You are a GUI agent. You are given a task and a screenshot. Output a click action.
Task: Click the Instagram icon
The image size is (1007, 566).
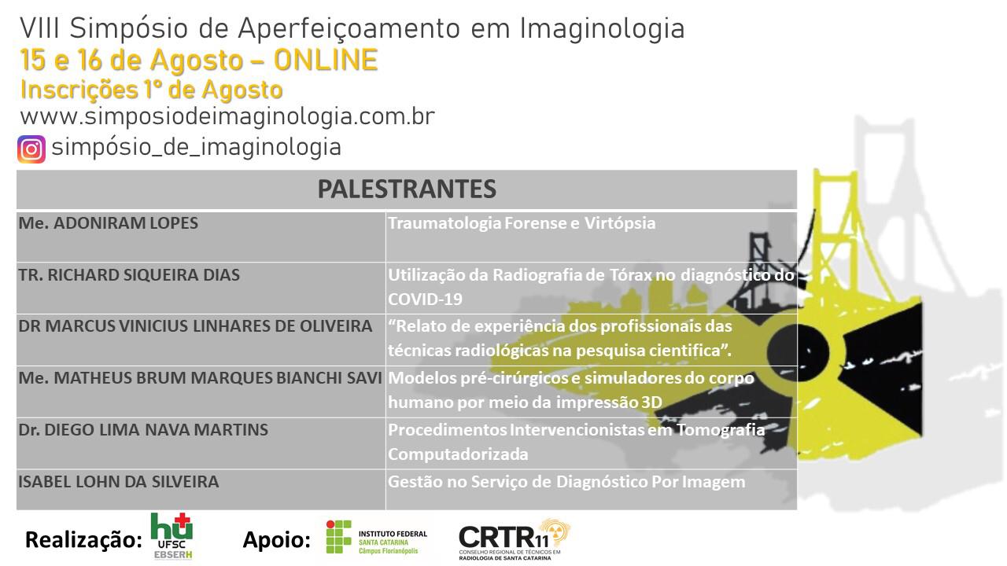(31, 149)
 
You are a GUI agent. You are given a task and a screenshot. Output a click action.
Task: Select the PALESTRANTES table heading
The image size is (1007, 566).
(407, 189)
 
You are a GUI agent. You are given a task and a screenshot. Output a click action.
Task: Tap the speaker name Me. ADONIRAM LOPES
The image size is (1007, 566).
(109, 223)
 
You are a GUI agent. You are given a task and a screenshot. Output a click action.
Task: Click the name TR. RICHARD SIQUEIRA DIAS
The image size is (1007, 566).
(129, 275)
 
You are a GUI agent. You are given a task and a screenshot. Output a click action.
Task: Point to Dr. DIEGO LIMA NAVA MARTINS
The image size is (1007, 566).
(143, 430)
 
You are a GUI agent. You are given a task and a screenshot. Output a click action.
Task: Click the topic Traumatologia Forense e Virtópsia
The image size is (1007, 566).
(522, 223)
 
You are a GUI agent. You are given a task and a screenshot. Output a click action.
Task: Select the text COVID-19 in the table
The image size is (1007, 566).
(425, 300)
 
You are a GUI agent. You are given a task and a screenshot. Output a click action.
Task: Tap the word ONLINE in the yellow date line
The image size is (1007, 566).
(326, 61)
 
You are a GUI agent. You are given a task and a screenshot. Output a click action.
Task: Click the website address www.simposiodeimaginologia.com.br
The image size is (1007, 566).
(227, 117)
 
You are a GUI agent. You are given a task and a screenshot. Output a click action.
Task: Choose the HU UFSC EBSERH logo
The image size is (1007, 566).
(172, 536)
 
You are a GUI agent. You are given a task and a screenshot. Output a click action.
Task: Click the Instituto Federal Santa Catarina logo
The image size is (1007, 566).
(377, 537)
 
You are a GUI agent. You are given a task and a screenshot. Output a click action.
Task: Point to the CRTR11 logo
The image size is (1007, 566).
(515, 539)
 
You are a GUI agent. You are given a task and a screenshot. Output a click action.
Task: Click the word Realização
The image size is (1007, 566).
(83, 539)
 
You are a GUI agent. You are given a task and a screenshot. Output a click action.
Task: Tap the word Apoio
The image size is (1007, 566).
(276, 539)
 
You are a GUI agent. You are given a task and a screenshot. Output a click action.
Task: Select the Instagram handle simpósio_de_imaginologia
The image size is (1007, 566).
(197, 148)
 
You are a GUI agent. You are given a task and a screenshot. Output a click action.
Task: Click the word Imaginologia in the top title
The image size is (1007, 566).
(602, 29)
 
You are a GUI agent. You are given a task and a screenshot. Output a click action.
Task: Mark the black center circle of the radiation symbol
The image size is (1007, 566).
(798, 351)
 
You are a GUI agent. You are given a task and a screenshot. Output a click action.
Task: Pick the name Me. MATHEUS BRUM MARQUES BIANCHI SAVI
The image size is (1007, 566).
(200, 378)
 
